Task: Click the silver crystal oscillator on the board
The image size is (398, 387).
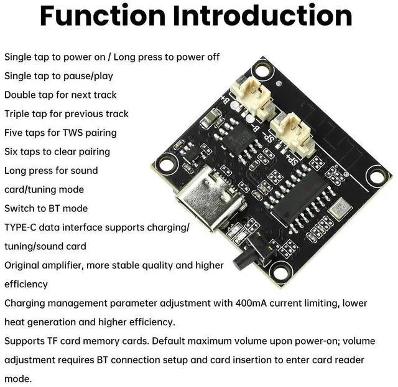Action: (338, 210)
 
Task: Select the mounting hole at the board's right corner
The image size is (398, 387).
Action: (376, 176)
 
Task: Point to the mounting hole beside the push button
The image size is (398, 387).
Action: (279, 272)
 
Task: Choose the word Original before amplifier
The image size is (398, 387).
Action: (22, 265)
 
